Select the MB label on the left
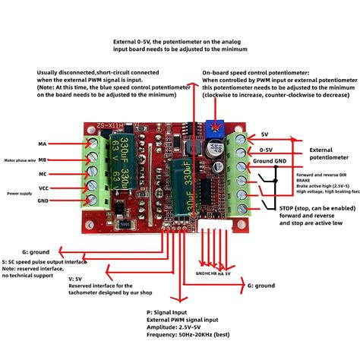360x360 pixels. pyautogui.click(x=42, y=159)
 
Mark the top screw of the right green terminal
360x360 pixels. pyautogui.click(x=242, y=138)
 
